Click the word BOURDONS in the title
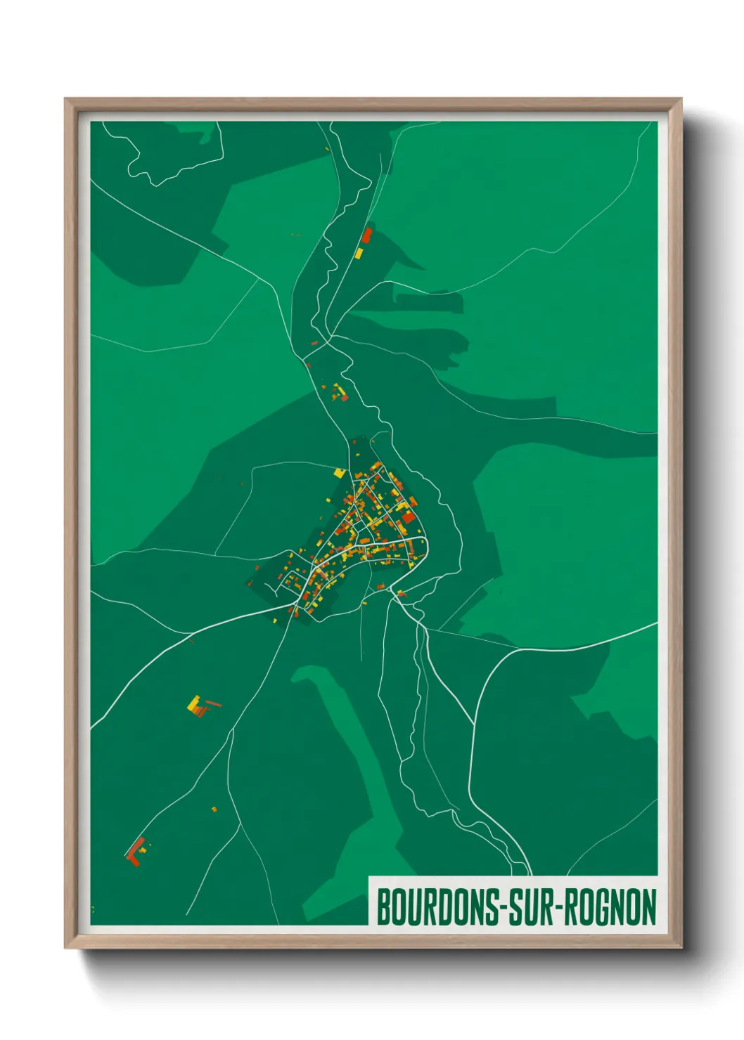coord(438,907)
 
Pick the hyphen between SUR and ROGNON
coord(556,908)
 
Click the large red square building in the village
coord(408,517)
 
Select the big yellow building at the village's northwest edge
coord(340,473)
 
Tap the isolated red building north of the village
coord(366,235)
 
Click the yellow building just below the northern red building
coord(359,252)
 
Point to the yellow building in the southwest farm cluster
coord(193,703)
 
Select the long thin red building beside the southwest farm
coord(212,703)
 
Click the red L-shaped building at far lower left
coord(134,852)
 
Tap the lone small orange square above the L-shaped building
coord(214,810)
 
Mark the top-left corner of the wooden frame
coord(65,99)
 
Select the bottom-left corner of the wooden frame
coord(65,948)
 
